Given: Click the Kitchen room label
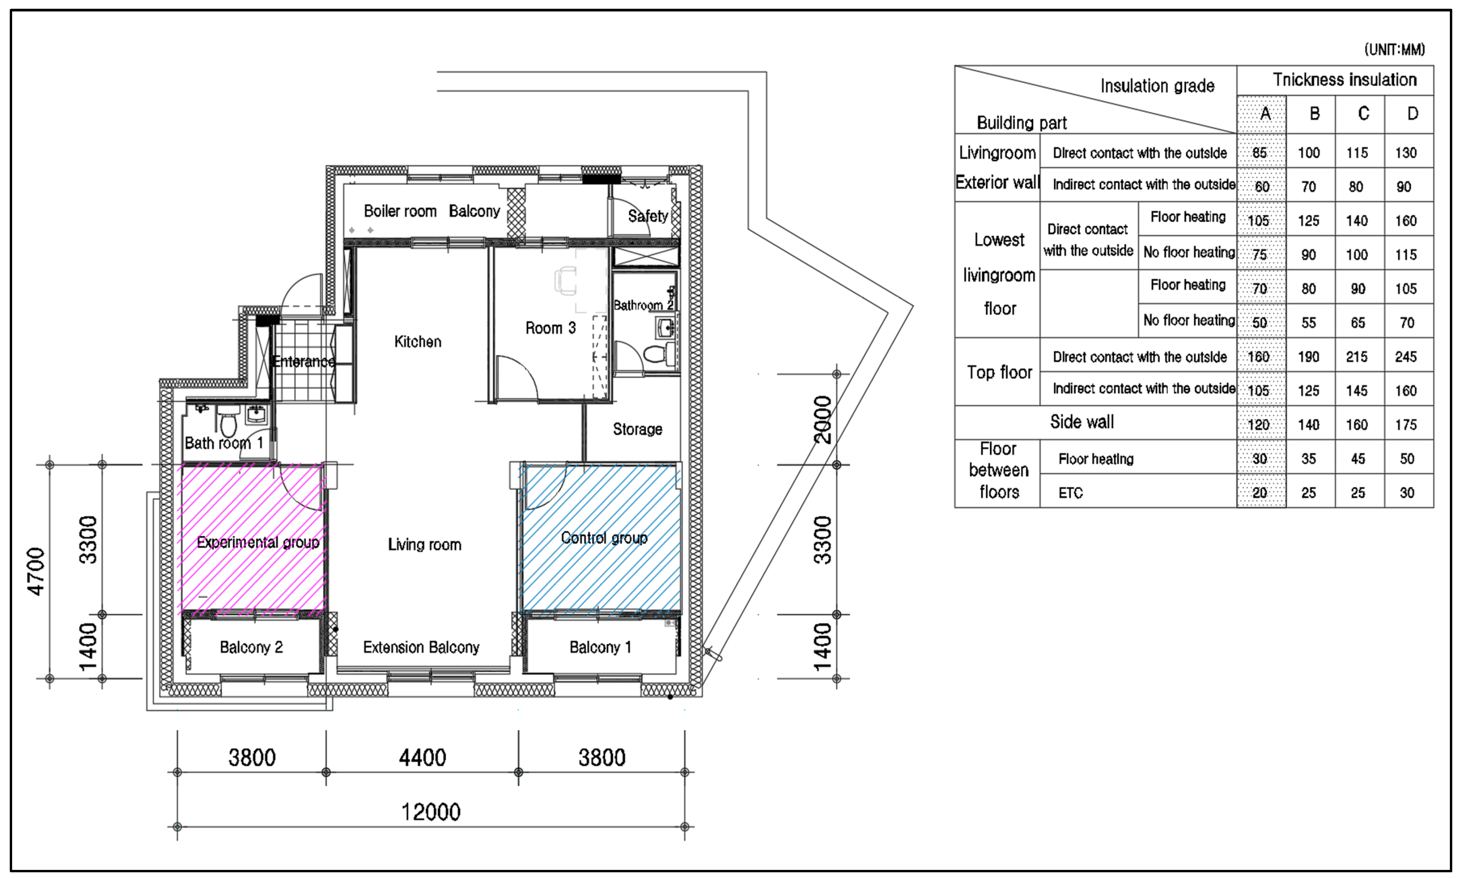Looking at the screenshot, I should [417, 342].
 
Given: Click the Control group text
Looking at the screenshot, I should [604, 538].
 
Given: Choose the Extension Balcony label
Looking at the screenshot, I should [421, 647].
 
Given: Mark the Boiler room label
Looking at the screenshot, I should [400, 211].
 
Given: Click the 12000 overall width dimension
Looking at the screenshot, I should [431, 812].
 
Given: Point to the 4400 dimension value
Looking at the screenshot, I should [422, 757].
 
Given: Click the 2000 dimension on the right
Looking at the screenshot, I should [823, 419].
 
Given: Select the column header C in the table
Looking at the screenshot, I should [1363, 114].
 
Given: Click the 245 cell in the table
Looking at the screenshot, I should [1405, 357].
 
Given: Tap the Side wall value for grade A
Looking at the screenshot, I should [1259, 425].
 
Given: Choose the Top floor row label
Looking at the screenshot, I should [999, 372].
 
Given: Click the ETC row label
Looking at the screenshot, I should [1070, 493].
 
